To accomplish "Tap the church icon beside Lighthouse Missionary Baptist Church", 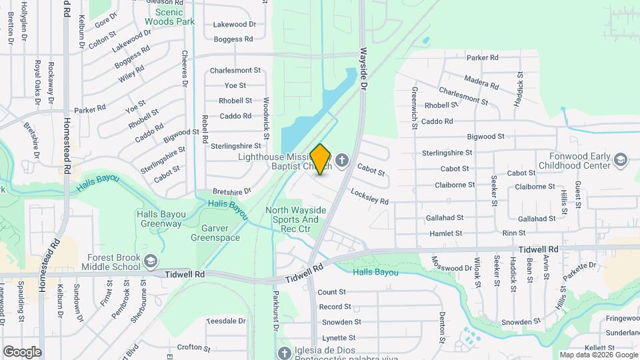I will tap(343, 160).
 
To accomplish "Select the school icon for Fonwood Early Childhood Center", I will tap(621, 160).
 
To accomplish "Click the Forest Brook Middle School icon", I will tap(151, 260).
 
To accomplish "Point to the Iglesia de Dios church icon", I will tap(284, 353).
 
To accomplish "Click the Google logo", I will tap(22, 352).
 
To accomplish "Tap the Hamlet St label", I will tap(446, 233).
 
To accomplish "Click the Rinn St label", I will tap(514, 233).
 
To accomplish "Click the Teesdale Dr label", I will tap(225, 321).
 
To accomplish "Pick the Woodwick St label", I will tap(265, 118).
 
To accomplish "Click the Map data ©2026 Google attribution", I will tap(598, 355).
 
